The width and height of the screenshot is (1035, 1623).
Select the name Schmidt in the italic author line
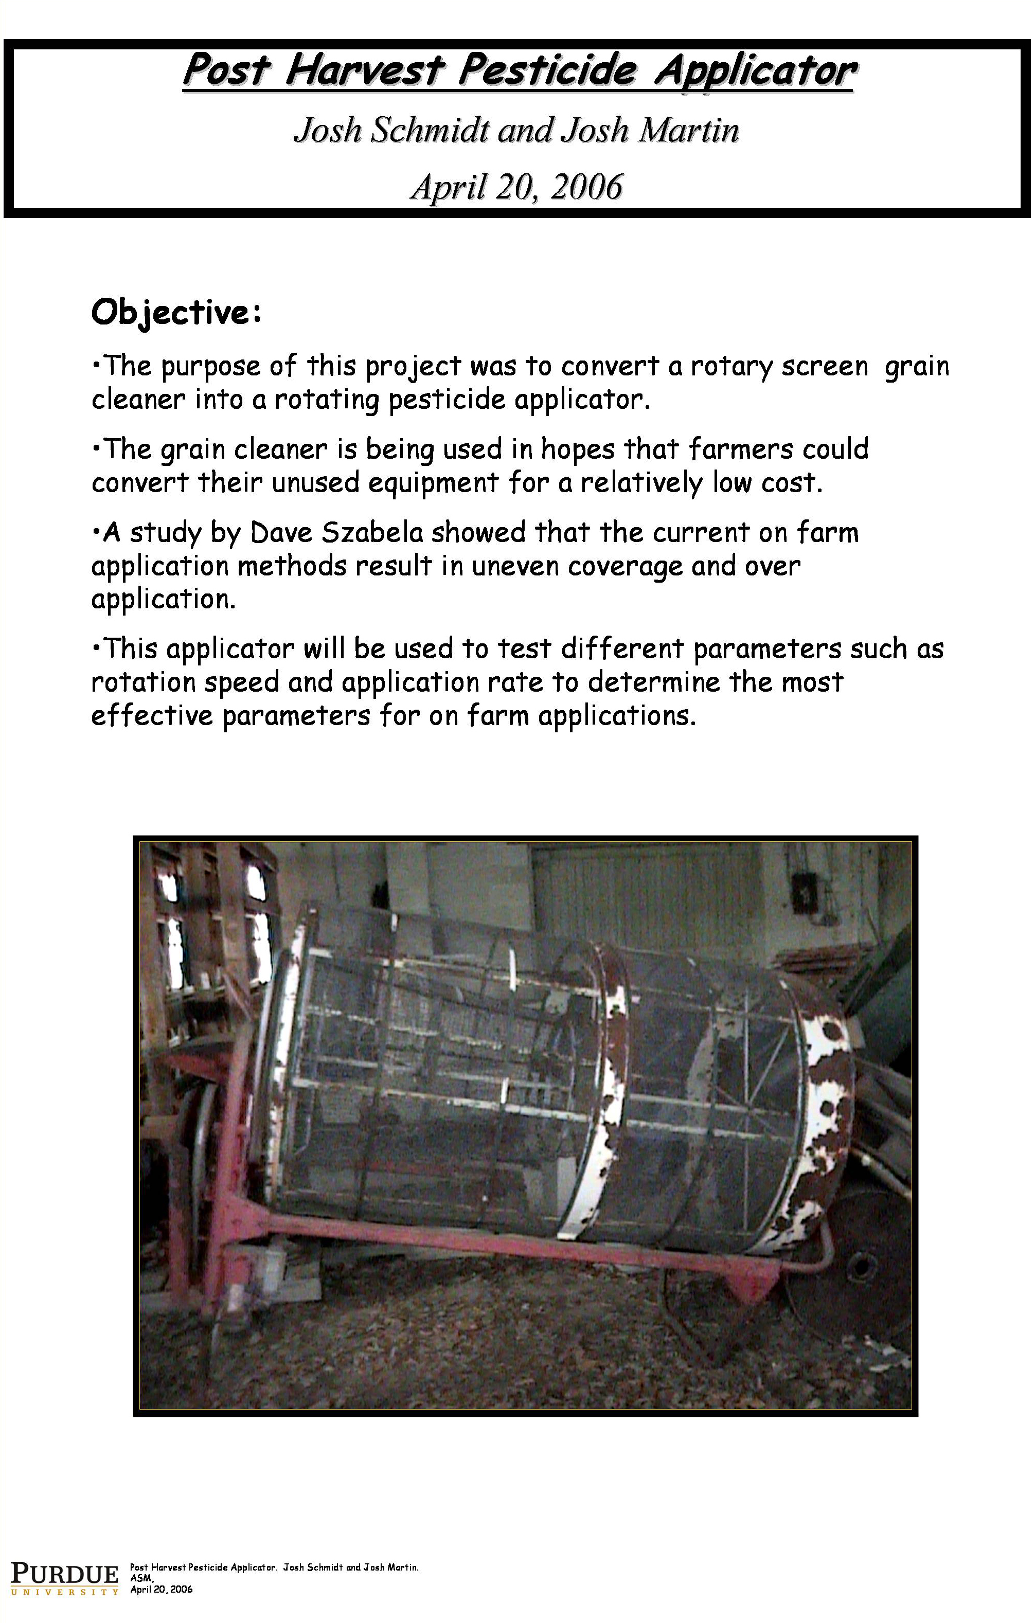click(429, 130)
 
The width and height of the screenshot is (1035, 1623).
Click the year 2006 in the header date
click(586, 187)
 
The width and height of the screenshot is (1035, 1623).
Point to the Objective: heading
click(176, 312)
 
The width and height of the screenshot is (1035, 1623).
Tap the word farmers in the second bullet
click(740, 449)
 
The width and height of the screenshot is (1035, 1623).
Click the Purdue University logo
click(64, 1575)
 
